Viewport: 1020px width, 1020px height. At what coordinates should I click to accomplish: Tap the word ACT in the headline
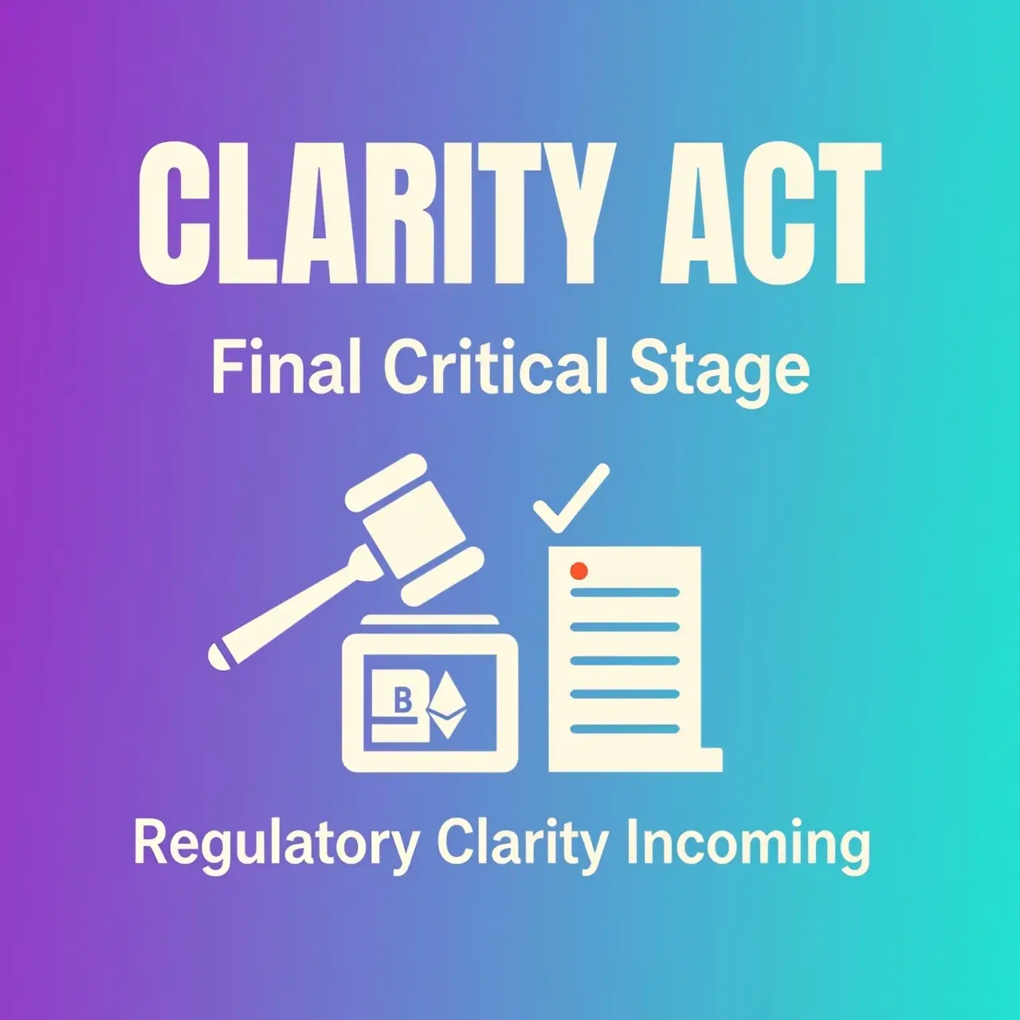(x=771, y=214)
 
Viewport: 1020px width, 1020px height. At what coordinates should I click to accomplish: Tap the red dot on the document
(x=579, y=571)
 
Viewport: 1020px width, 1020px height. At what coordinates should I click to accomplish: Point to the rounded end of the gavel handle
(x=218, y=657)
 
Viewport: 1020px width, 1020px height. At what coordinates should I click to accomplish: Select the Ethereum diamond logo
(x=446, y=704)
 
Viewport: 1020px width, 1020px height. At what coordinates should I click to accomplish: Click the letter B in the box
(x=403, y=700)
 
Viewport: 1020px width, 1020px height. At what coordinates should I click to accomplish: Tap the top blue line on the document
(x=625, y=592)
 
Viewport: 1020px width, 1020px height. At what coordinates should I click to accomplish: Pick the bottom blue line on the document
(x=625, y=729)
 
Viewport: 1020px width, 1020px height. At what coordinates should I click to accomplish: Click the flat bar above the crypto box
(x=430, y=620)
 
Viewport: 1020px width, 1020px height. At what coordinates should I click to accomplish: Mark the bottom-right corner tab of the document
(x=711, y=759)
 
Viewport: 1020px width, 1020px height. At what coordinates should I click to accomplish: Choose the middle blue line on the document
(x=625, y=661)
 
